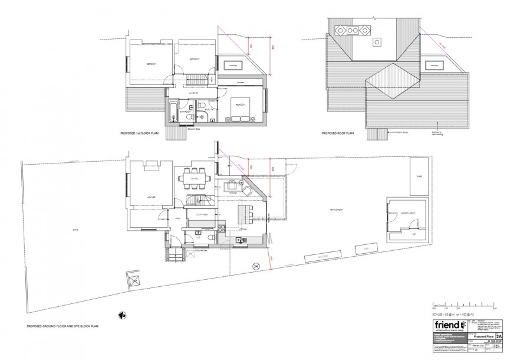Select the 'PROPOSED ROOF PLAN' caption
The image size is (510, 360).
(x=337, y=134)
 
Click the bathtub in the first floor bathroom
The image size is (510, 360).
(x=172, y=112)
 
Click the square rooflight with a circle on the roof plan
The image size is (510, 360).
(x=376, y=42)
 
